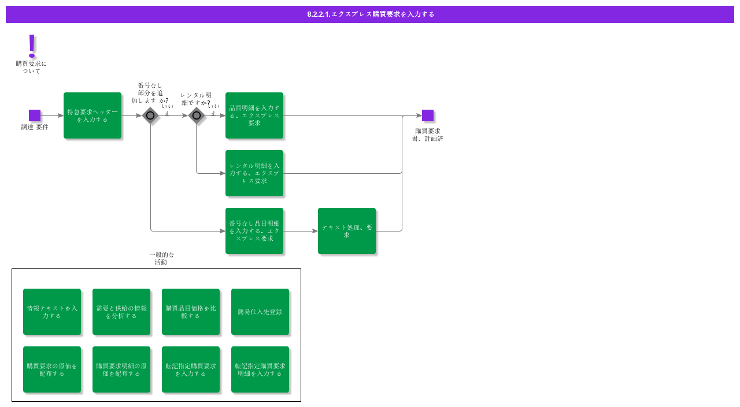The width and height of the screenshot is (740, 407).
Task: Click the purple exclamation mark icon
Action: coord(32,46)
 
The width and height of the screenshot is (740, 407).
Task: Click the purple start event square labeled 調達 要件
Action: coord(35,115)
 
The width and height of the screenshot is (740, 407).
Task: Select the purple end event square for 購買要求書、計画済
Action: coord(428,115)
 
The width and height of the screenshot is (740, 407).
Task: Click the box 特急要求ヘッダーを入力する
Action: coord(92,115)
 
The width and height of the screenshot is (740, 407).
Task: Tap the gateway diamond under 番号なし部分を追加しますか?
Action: coord(150,115)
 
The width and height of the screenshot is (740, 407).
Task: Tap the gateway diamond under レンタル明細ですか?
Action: coord(197,115)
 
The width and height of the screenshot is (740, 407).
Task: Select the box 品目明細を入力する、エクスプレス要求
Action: coord(254,115)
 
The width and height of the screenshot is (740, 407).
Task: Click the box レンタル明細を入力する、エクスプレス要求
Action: coord(254,173)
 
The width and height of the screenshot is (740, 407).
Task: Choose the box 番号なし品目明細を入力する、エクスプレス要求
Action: coord(254,231)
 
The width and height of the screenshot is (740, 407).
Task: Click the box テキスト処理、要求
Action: coord(347,231)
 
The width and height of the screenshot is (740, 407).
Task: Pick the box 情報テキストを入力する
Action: coord(52,312)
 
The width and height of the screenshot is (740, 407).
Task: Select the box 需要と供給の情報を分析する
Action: coord(121,312)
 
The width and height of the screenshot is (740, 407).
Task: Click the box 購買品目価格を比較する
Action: coord(191,312)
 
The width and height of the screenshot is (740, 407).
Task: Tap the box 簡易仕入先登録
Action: coord(260,312)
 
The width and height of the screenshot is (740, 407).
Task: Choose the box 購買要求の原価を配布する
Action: coord(52,369)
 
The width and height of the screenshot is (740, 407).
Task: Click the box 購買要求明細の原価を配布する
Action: coord(121,369)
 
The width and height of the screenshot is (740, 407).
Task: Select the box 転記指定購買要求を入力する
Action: coord(191,369)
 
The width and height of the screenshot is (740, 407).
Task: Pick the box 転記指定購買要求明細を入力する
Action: coord(260,369)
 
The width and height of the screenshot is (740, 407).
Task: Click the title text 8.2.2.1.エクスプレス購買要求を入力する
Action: coord(371,14)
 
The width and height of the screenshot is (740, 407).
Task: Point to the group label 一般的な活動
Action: coord(161,258)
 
